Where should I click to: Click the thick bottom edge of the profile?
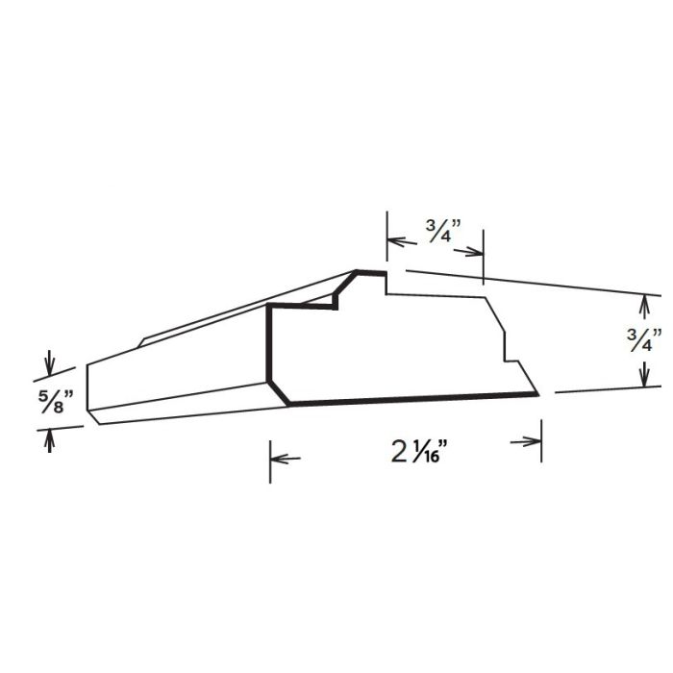tap(413, 399)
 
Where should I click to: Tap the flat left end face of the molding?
tap(93, 389)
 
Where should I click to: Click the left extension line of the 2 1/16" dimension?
tap(270, 461)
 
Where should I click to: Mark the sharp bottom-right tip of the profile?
tap(537, 394)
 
